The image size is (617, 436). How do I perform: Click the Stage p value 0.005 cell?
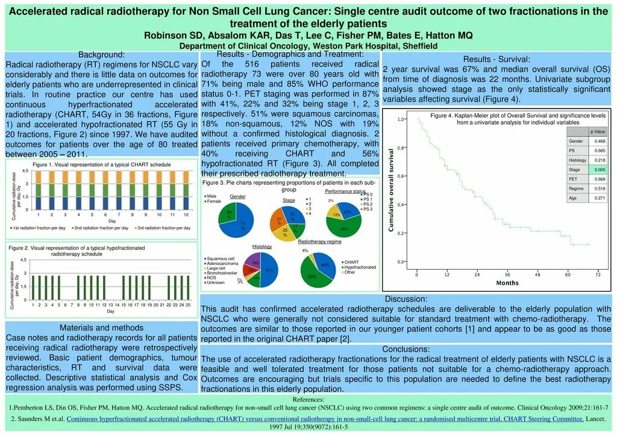tap(600, 169)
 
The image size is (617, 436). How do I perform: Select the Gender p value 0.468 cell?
tap(600, 141)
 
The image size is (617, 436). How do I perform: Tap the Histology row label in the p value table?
tap(577, 160)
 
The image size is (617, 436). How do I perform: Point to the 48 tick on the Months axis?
tap(537, 275)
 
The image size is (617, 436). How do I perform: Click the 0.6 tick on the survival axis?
tap(401, 176)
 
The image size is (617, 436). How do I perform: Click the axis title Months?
tap(507, 283)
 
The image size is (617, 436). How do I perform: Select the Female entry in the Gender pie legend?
tap(215, 201)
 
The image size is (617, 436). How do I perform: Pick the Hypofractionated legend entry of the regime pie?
tap(359, 267)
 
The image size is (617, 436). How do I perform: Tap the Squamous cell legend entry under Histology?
tap(220, 259)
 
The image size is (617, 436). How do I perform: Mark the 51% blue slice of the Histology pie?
tap(268, 271)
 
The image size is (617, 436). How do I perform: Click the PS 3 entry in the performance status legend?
tap(368, 209)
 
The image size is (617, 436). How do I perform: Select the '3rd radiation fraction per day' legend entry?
tap(163, 228)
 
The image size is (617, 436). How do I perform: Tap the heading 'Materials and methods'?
tap(101, 328)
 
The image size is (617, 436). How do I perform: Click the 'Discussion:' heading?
tap(406, 299)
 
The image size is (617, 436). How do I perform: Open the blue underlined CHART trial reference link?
tap(324, 419)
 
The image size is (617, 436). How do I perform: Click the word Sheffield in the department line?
tap(416, 46)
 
